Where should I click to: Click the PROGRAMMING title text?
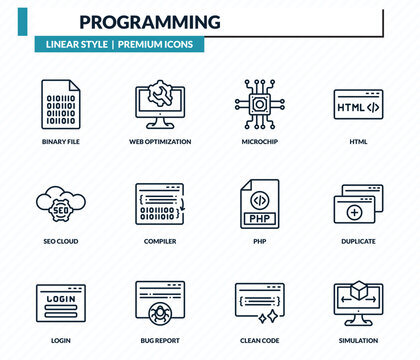(150, 21)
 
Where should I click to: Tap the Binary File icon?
(60, 104)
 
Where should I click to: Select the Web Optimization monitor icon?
(160, 104)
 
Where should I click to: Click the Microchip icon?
(260, 104)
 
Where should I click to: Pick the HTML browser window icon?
(358, 105)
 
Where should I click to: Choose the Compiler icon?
(160, 203)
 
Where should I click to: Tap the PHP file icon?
(260, 203)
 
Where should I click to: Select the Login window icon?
(60, 301)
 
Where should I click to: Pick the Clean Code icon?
(260, 301)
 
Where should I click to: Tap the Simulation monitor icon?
(358, 301)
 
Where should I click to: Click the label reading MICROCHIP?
(260, 142)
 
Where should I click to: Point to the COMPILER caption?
(160, 241)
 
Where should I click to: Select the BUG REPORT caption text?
(160, 340)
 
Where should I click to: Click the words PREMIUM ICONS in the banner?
(158, 45)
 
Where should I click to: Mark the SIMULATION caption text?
(358, 340)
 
